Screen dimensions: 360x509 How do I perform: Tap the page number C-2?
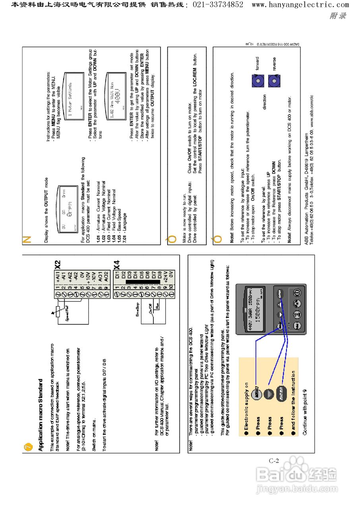click(274, 461)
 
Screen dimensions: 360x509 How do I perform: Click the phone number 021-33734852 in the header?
click(218, 5)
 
